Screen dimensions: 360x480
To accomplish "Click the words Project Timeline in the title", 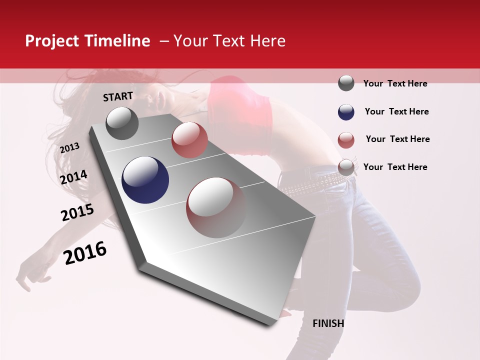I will [87, 41].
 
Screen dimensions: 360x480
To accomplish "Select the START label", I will [118, 96].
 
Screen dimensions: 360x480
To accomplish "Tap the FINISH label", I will [328, 323].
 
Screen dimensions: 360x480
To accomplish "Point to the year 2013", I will [69, 148].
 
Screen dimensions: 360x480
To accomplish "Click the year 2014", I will [74, 177].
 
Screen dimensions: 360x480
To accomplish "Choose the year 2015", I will [77, 212].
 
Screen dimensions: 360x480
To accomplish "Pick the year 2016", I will [85, 252].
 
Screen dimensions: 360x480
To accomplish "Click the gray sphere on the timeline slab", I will [122, 123].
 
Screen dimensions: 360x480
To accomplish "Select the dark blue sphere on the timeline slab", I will [145, 180].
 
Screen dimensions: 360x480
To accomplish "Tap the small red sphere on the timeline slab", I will [189, 140].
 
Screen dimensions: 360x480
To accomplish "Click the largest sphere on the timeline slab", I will [216, 207].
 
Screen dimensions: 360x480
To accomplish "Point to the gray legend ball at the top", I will [346, 83].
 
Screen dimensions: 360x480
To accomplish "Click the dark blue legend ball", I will [346, 112].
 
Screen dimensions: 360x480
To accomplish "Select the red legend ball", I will [346, 140].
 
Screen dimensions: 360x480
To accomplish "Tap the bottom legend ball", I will [346, 167].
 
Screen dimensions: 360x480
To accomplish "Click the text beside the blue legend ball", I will [396, 111].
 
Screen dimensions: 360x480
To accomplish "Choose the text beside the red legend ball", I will [397, 139].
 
